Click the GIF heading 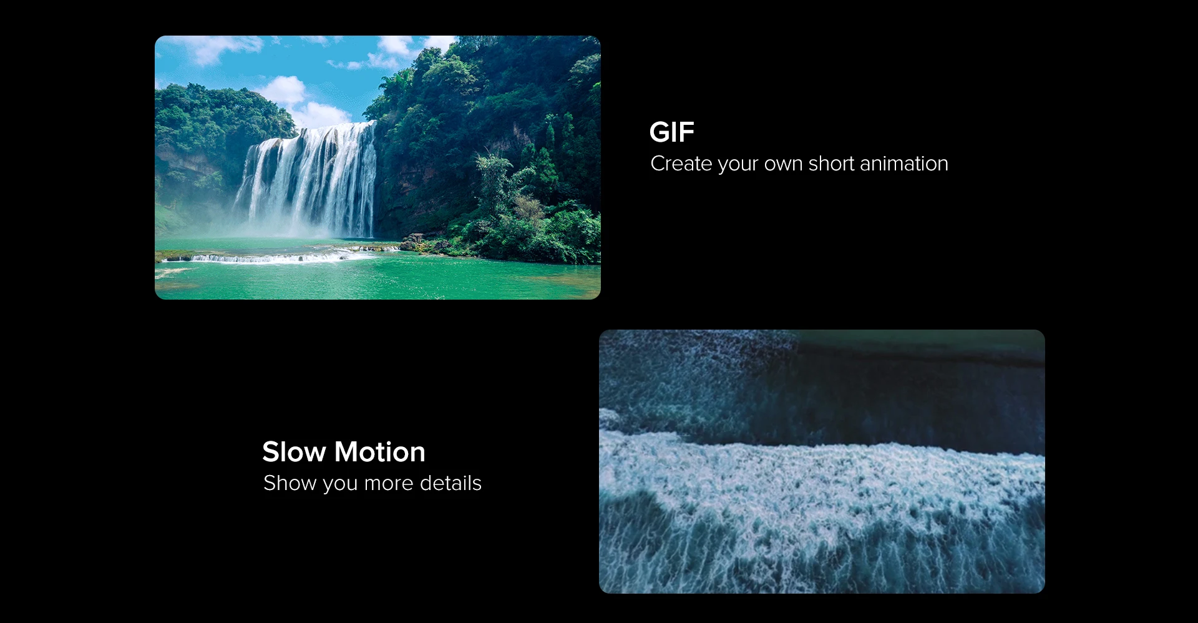pyautogui.click(x=671, y=132)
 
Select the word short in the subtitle pyautogui.click(x=831, y=164)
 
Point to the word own pyautogui.click(x=783, y=165)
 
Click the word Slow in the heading pyautogui.click(x=294, y=452)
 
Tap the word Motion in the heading pyautogui.click(x=379, y=452)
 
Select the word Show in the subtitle pyautogui.click(x=290, y=483)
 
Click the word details pyautogui.click(x=450, y=483)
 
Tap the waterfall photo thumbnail pyautogui.click(x=377, y=167)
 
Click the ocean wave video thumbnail pyautogui.click(x=822, y=461)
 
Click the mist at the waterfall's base pyautogui.click(x=293, y=228)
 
